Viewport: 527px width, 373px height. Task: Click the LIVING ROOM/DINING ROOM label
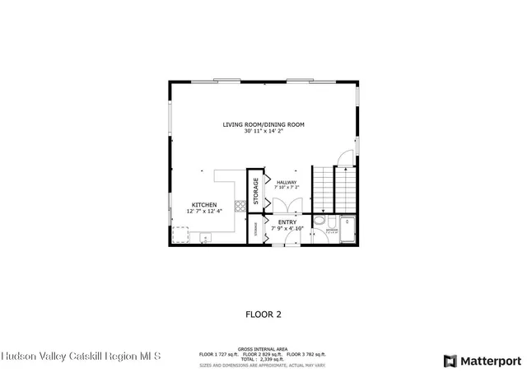263,124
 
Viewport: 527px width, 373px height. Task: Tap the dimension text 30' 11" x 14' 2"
263,131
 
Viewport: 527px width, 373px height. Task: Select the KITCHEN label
204,204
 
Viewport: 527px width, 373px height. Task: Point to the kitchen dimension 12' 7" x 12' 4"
204,212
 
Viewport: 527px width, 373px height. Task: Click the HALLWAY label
287,182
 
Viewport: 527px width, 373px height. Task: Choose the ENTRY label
287,221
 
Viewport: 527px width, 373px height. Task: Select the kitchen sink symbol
204,238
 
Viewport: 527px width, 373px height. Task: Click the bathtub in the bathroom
348,230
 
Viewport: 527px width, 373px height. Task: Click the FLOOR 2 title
263,314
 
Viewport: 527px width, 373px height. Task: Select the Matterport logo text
488,361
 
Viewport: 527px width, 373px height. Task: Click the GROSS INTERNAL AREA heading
263,348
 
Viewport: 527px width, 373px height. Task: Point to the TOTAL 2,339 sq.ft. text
263,359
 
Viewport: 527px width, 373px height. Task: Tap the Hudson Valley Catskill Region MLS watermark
82,357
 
